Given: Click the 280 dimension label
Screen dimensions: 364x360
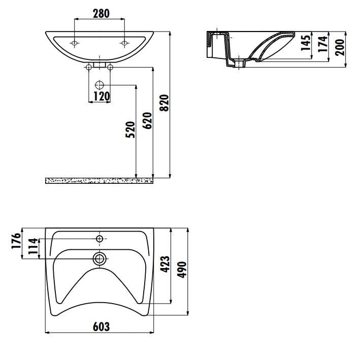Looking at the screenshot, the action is click(x=101, y=14).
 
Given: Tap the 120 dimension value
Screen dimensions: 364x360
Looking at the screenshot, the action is click(x=102, y=96).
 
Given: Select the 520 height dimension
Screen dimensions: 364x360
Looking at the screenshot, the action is click(x=130, y=129).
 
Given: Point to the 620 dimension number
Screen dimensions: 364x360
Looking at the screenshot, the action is click(x=148, y=120).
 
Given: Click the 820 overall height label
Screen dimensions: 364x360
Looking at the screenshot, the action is click(x=164, y=103).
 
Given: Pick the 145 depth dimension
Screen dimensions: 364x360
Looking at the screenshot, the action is click(x=306, y=43).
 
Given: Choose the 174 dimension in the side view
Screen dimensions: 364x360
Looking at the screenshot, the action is click(x=323, y=44).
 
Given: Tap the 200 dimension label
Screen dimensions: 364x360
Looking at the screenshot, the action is click(x=340, y=47).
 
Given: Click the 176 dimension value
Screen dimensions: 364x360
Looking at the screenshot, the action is click(x=16, y=241).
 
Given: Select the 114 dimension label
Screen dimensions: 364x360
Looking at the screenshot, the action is click(x=32, y=246).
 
